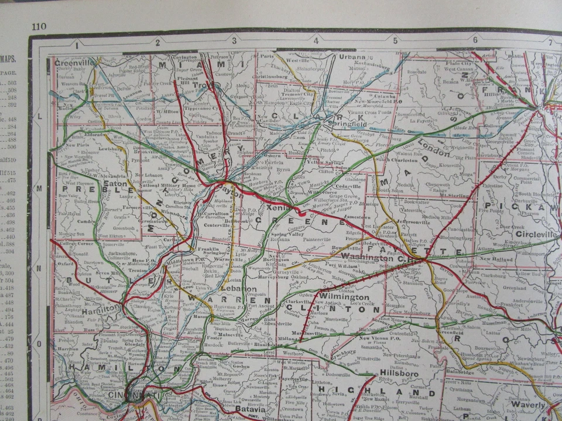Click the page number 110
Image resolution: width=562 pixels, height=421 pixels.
click(x=39, y=26)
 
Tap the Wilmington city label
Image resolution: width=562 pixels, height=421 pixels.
click(x=344, y=296)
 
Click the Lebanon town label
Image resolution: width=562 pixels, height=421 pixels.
click(x=239, y=288)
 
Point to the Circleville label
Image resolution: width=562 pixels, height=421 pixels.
click(x=536, y=234)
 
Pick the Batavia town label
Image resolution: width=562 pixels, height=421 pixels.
click(x=252, y=409)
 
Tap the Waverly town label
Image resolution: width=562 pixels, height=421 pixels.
click(x=527, y=404)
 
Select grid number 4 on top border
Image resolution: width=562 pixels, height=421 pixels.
click(x=316, y=41)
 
